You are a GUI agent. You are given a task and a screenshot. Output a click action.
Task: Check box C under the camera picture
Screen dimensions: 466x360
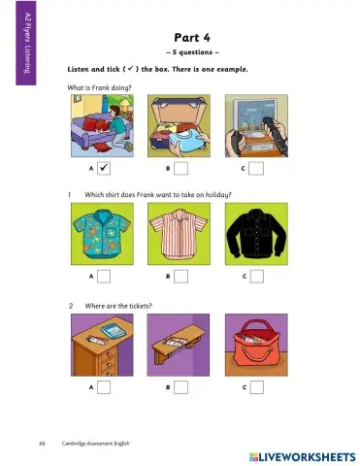(255, 168)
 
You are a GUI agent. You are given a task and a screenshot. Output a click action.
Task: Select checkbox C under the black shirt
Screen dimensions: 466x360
(255, 278)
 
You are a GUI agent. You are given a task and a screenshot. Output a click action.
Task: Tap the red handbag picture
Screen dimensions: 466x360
(256, 346)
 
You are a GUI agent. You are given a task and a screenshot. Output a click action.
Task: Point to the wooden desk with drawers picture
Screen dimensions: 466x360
(104, 346)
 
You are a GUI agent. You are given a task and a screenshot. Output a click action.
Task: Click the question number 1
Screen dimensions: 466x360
(71, 194)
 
